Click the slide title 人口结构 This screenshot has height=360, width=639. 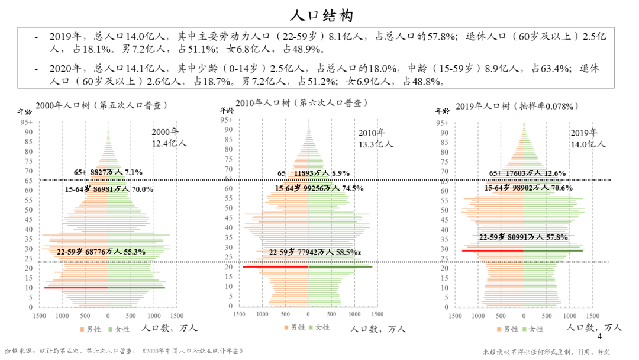(319, 14)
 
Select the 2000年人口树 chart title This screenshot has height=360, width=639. (101, 105)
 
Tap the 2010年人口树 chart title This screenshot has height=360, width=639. (299, 103)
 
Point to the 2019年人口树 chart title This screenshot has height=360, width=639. (517, 107)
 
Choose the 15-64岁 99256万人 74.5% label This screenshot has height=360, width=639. (319, 188)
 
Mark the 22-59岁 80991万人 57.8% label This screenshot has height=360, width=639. (523, 237)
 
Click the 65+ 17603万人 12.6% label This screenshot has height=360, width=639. (527, 173)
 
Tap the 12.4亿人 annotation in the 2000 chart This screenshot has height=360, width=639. (169, 143)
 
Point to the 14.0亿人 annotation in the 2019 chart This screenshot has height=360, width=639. (588, 144)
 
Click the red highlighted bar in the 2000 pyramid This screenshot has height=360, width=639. (76, 288)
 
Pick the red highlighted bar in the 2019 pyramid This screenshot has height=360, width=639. (492, 251)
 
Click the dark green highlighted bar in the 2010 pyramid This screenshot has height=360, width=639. (340, 267)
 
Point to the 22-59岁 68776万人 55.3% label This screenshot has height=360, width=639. (101, 252)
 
